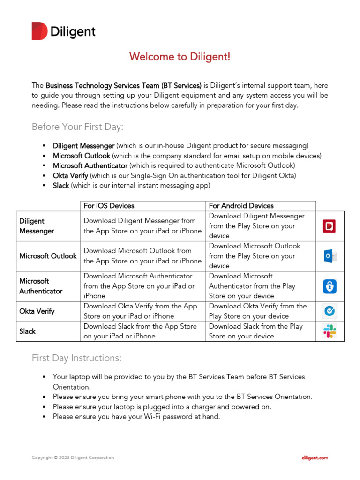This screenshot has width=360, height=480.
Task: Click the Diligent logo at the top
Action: [x=63, y=31]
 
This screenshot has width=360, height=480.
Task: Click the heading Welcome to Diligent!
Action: [x=180, y=57]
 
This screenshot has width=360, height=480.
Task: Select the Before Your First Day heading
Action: [x=77, y=127]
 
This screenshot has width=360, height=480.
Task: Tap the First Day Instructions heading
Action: [x=76, y=358]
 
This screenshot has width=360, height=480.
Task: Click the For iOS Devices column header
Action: [x=109, y=206]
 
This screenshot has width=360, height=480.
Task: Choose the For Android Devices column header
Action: [x=241, y=206]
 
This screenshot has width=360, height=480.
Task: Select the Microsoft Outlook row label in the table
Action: [x=48, y=256]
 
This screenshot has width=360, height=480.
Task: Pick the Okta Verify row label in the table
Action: [x=37, y=311]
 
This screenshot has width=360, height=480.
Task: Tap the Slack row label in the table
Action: [x=27, y=331]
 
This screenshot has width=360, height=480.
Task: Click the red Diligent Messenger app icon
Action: [x=330, y=226]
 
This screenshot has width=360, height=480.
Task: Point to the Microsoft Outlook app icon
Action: [x=330, y=256]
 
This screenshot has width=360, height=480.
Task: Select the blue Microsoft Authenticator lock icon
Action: [x=330, y=286]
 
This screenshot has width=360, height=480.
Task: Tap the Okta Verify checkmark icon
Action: [x=330, y=311]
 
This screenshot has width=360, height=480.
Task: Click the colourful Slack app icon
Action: [x=330, y=331]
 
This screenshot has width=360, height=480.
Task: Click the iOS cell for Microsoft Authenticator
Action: [x=143, y=286]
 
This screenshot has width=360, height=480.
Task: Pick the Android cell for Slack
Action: [x=260, y=331]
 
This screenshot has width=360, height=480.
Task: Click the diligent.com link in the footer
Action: [x=314, y=457]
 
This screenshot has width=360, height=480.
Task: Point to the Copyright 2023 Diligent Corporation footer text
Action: [x=73, y=457]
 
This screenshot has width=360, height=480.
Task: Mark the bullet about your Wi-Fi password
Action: [x=136, y=417]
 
